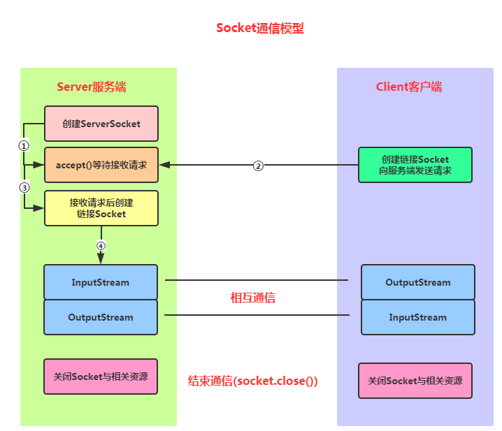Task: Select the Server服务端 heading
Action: click(92, 87)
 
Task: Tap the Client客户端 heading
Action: click(409, 87)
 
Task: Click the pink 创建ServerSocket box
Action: click(101, 124)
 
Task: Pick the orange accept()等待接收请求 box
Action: click(101, 166)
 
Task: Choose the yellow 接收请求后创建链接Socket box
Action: click(101, 208)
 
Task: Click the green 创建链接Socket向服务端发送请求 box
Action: click(415, 165)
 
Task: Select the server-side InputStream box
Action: click(101, 282)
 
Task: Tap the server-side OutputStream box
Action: click(101, 317)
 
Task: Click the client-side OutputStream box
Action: click(418, 282)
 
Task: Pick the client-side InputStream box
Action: click(418, 317)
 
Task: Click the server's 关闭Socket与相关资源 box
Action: click(101, 377)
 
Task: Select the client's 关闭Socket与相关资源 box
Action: click(415, 381)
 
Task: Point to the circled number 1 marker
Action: click(24, 146)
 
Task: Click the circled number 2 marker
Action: click(258, 166)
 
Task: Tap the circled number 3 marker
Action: click(24, 187)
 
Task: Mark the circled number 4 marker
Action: click(101, 246)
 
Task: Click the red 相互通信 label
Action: click(253, 298)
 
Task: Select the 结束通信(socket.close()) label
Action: click(253, 381)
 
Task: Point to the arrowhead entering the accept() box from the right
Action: click(164, 166)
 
